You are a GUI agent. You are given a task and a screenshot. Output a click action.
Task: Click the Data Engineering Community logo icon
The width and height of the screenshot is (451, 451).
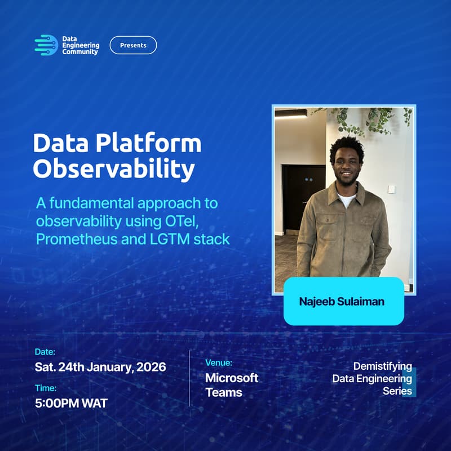(x=46, y=45)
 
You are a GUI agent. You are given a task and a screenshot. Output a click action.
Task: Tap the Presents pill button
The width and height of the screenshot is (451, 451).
(x=133, y=45)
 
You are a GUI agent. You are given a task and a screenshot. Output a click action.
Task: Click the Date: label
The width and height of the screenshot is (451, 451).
(x=45, y=352)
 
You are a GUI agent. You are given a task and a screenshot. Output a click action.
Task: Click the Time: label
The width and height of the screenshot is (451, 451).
(x=45, y=387)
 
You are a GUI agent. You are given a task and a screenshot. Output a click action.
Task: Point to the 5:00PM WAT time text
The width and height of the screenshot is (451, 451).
(x=71, y=403)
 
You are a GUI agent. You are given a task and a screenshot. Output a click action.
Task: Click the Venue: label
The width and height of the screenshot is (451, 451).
(x=219, y=363)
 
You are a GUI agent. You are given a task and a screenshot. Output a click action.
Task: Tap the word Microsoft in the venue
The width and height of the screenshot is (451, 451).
(x=232, y=378)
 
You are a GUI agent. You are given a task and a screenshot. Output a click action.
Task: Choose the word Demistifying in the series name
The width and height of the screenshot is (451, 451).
(x=382, y=366)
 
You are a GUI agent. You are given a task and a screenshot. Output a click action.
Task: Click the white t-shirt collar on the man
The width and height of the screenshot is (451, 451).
(x=346, y=199)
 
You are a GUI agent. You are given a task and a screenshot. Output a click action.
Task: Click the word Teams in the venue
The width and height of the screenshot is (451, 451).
(x=224, y=392)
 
